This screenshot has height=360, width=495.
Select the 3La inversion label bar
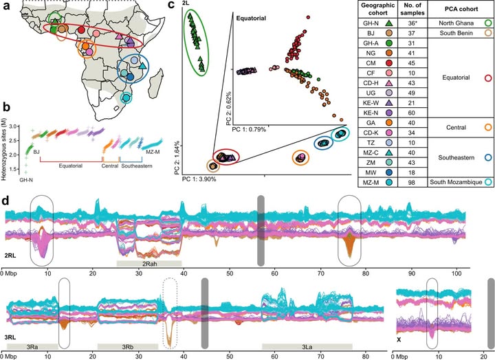(313, 347)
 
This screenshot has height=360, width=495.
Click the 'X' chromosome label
(399, 339)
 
